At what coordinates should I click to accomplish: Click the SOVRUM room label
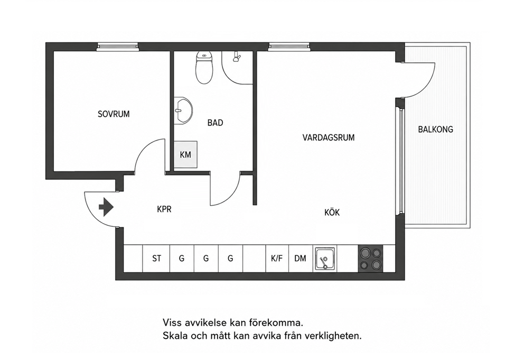tap(114, 114)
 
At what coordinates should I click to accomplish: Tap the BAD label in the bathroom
tap(215, 123)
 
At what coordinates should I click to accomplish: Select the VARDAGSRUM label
tap(329, 137)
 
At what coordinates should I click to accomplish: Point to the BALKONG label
tap(435, 129)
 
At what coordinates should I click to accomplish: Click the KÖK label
tap(332, 213)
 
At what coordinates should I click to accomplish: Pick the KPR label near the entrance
tap(164, 209)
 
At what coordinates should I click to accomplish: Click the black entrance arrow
tap(106, 207)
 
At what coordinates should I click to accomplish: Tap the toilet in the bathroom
tap(204, 67)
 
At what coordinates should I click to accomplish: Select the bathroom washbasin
tap(183, 110)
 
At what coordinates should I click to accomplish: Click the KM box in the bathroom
tap(185, 154)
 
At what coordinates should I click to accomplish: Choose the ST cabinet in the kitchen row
tap(156, 259)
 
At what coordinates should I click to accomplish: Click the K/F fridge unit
tap(277, 259)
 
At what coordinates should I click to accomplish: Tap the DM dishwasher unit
tap(301, 259)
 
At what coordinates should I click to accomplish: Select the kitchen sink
tap(325, 259)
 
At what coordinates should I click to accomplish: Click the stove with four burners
tap(371, 259)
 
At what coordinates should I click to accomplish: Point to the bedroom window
tap(118, 47)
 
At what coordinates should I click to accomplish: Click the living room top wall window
tap(289, 47)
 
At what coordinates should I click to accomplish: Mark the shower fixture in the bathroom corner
tap(237, 57)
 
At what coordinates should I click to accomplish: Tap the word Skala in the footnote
tap(175, 335)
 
